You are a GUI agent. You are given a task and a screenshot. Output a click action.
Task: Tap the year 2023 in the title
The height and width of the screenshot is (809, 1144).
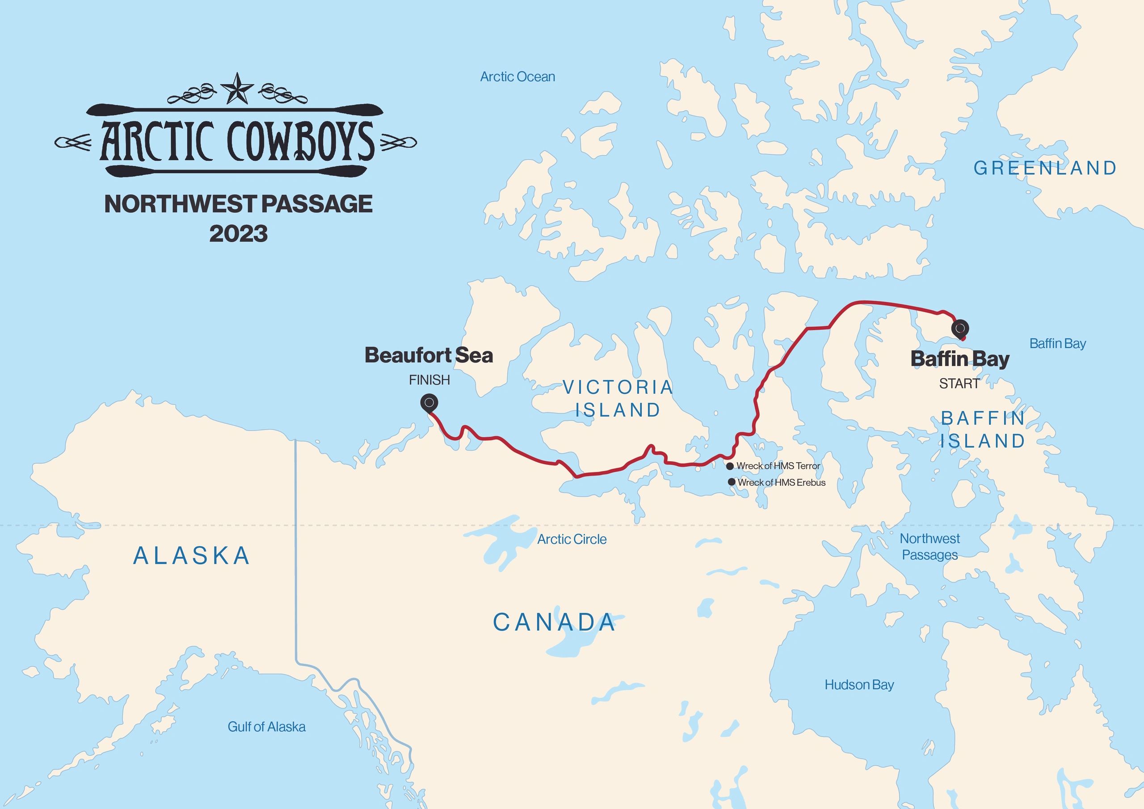point(238,234)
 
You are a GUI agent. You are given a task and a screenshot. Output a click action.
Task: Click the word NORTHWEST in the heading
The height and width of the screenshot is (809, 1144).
point(180,204)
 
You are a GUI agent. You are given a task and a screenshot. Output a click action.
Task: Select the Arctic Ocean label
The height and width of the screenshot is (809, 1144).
point(517,77)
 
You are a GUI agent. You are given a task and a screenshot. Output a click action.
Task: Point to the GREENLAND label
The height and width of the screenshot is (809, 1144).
point(1045,168)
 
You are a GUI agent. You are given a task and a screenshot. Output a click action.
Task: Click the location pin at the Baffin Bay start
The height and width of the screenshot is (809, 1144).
point(960,329)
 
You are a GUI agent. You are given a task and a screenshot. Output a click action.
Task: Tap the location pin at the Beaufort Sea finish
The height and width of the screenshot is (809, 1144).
point(429,402)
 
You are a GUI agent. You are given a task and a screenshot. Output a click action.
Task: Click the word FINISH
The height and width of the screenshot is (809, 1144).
point(429,380)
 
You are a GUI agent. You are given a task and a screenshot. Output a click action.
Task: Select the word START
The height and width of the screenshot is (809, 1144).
point(959,383)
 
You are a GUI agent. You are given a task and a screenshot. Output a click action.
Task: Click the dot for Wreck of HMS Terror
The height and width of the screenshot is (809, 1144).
point(730,466)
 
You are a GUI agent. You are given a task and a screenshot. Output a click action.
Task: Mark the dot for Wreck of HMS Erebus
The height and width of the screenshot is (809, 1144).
point(732,482)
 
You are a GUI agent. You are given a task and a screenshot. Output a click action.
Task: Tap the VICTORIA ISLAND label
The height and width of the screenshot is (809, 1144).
point(618,398)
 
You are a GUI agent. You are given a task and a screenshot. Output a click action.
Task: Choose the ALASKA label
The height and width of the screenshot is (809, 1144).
point(192,556)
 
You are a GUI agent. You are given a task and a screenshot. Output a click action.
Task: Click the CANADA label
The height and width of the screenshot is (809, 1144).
point(554,622)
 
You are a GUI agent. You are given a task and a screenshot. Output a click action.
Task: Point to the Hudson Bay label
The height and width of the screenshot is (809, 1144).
point(859,684)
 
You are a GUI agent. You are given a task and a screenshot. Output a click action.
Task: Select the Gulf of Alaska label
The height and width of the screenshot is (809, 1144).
point(267,727)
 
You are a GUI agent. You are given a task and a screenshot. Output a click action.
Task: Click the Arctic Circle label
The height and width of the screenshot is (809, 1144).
point(572,539)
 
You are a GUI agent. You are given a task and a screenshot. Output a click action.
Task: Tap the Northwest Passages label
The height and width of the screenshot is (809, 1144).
point(930,546)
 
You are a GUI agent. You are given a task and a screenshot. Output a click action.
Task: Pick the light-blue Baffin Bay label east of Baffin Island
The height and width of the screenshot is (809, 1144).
point(1057,343)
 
